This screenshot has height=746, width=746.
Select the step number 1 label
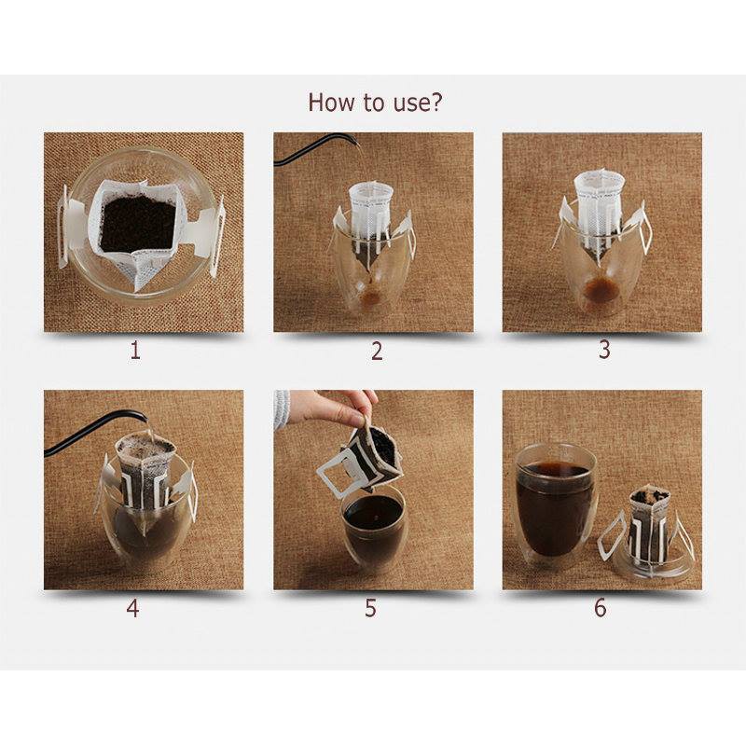pyautogui.click(x=135, y=351)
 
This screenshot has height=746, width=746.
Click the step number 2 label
pyautogui.click(x=377, y=352)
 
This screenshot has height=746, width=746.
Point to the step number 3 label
pyautogui.click(x=603, y=349)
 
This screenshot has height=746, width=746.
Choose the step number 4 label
pyautogui.click(x=132, y=608)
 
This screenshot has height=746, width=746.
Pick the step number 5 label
pyautogui.click(x=370, y=608)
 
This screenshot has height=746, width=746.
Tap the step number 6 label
pyautogui.click(x=601, y=608)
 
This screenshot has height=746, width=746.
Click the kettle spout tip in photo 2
pyautogui.click(x=355, y=141)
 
